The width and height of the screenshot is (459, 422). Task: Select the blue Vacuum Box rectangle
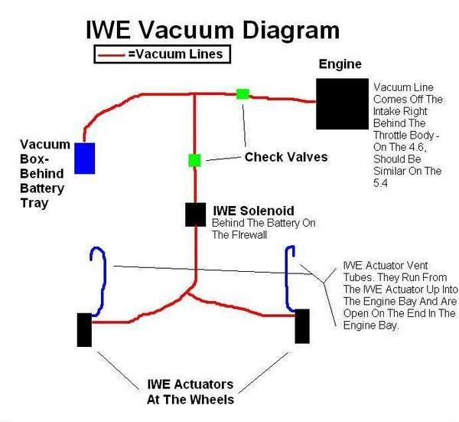[84, 157]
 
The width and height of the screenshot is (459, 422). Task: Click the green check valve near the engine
[243, 93]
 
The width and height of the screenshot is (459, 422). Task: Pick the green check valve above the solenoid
[194, 160]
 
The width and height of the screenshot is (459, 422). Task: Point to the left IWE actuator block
[83, 329]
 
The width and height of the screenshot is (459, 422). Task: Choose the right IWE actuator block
[302, 326]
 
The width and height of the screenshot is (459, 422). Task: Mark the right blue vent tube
[290, 280]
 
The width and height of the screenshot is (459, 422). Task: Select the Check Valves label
[285, 157]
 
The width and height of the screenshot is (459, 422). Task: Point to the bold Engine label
[340, 64]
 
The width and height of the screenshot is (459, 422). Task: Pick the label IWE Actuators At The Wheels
[190, 391]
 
